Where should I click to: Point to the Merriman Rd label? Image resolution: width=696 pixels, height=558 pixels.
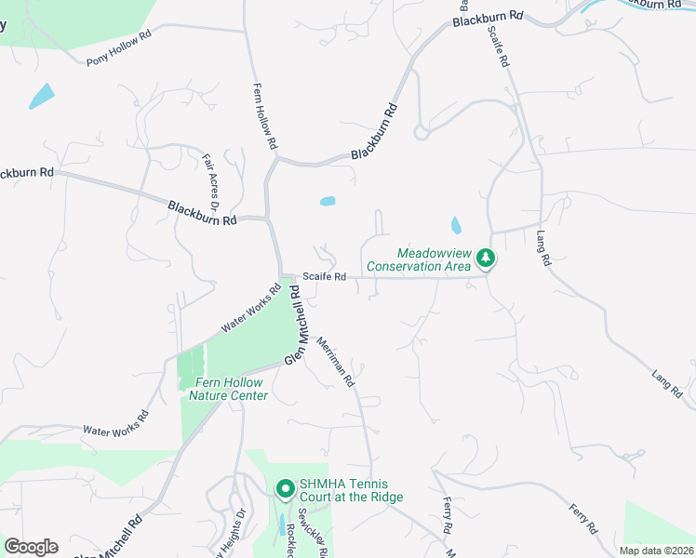(336, 361)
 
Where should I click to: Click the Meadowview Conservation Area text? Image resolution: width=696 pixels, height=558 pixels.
(419, 259)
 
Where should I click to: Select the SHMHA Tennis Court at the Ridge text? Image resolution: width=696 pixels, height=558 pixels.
(351, 490)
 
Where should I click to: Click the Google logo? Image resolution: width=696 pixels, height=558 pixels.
(31, 546)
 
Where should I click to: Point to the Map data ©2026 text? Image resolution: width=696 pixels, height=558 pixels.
(656, 551)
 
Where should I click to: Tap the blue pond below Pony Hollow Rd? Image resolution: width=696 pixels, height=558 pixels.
(42, 96)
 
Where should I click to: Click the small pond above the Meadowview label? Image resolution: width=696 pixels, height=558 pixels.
(455, 225)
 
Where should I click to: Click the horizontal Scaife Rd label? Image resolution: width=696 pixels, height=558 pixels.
(327, 276)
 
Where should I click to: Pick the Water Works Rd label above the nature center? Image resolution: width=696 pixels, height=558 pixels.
(251, 311)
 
